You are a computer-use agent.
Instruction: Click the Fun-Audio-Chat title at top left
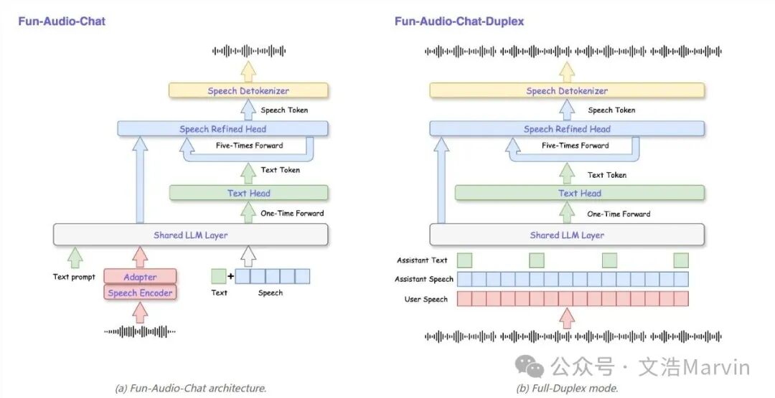tap(62, 21)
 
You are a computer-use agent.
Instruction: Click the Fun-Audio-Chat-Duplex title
tap(459, 21)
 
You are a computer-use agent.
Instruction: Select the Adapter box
tap(140, 277)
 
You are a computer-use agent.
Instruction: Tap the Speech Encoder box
tap(140, 293)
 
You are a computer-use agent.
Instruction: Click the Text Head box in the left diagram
tap(248, 193)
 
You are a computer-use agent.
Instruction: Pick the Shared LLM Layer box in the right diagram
tap(567, 234)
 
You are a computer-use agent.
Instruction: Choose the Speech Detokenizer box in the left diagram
tap(248, 90)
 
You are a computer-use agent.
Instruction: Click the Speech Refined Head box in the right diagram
tap(567, 129)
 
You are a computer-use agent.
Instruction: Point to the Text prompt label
tap(74, 277)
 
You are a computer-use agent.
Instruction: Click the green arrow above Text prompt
tap(75, 257)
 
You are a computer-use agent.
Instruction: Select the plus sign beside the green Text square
tap(230, 276)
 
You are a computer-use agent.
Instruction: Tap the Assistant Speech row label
tap(424, 279)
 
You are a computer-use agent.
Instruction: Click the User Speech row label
tap(426, 299)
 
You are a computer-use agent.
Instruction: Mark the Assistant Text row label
tap(422, 260)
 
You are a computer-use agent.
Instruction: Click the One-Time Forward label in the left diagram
tap(292, 213)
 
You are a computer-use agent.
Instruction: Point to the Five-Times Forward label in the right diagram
tap(575, 146)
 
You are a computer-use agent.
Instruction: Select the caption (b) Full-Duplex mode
tap(567, 388)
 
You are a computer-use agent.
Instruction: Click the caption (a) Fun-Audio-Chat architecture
tap(191, 388)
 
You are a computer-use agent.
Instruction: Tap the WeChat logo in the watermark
tap(535, 368)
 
